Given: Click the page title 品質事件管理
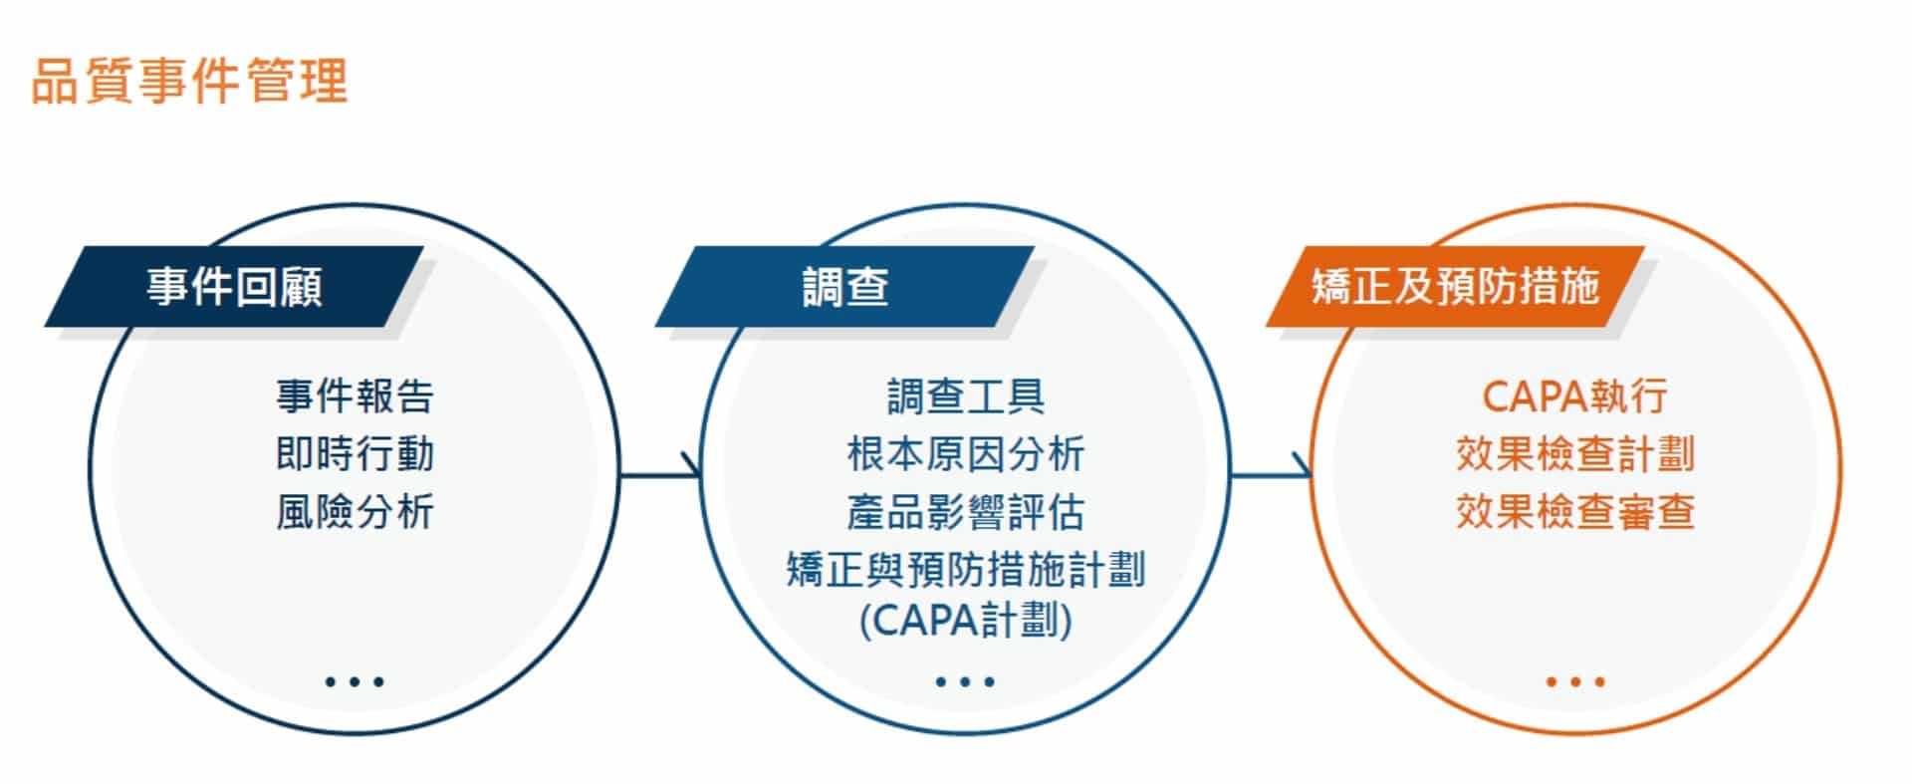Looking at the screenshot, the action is click(x=189, y=81).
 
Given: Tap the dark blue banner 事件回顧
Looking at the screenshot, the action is click(x=234, y=286).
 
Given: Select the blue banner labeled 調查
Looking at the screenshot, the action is click(x=844, y=286).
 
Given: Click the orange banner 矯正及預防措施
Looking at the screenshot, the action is click(x=1455, y=286).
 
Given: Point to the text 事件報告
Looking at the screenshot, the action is click(x=355, y=396).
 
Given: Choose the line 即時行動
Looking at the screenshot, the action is click(x=355, y=454).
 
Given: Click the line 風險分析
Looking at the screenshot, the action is click(x=355, y=512).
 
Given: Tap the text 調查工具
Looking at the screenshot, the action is click(x=965, y=396).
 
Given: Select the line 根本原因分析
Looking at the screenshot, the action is click(x=965, y=454).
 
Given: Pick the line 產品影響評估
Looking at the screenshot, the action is click(x=965, y=512).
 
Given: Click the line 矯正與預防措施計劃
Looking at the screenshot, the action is click(x=965, y=570).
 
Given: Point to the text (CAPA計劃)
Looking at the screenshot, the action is click(x=965, y=621).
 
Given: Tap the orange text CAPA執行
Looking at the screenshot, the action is click(x=1574, y=396).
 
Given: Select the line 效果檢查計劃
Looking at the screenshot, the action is click(x=1574, y=454).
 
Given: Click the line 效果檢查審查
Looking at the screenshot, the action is click(x=1574, y=512).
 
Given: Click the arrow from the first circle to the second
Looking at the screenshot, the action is click(x=661, y=474).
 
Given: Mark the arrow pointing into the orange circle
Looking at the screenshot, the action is click(x=1272, y=474).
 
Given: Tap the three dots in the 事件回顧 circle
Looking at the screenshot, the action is click(x=355, y=682).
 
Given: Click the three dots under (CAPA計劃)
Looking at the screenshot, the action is click(x=965, y=682).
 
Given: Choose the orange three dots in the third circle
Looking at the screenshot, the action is click(x=1575, y=682).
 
